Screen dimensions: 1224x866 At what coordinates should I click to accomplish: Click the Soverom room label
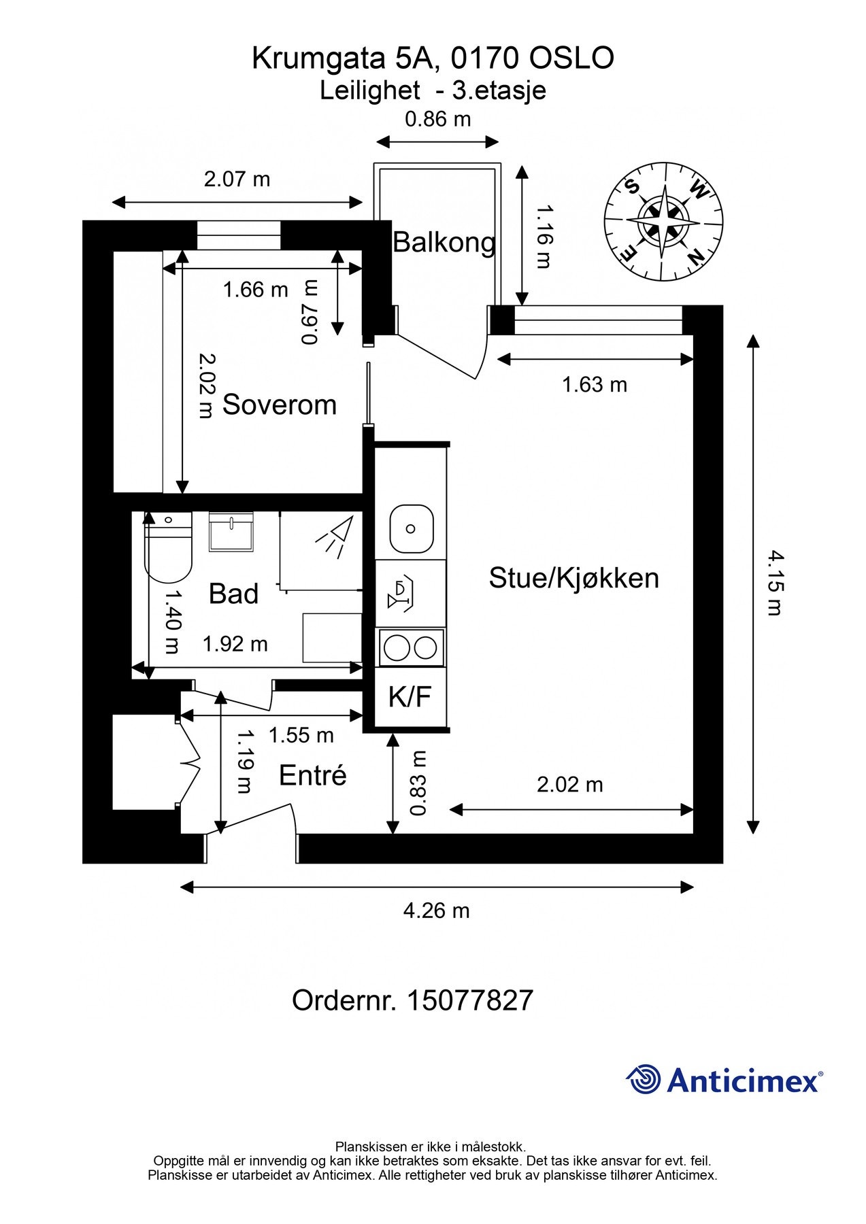point(280,405)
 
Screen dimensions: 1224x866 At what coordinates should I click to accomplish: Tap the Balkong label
point(444,242)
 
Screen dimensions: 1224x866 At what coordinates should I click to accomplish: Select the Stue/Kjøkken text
point(573,578)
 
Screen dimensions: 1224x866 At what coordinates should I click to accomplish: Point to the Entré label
point(313,775)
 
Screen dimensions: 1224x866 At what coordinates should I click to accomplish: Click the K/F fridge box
point(410,696)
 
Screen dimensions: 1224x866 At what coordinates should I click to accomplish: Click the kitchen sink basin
point(411,529)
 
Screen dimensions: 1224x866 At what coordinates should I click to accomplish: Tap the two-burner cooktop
point(410,647)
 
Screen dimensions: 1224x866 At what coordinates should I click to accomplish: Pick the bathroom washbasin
point(231,532)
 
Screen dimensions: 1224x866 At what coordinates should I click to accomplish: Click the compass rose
point(663,222)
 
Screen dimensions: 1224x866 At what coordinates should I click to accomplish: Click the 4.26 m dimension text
point(436,911)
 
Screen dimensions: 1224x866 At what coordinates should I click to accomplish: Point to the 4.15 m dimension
point(775,583)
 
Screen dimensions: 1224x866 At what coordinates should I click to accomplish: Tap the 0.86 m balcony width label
point(437,120)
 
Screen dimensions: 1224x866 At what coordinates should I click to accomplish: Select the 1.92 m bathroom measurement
point(235,644)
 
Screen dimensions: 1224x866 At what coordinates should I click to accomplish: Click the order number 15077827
point(412,1001)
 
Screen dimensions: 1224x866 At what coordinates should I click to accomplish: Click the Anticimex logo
point(724,1080)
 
